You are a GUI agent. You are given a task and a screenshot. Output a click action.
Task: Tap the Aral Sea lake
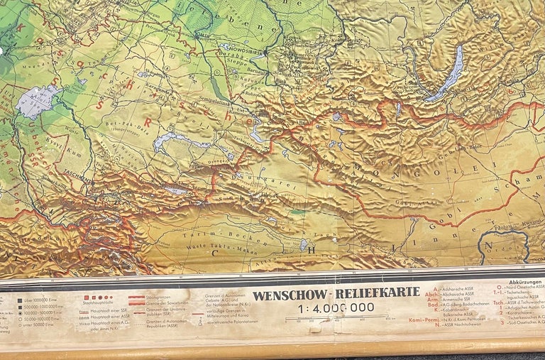click(35, 101)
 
